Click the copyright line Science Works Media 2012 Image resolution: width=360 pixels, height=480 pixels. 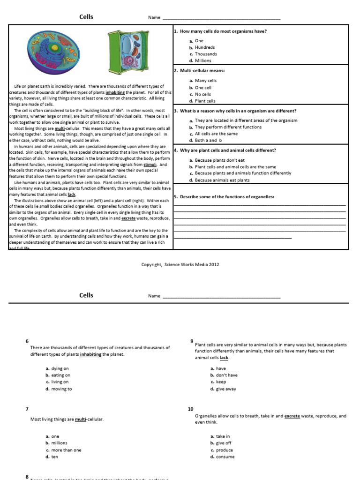click(x=180, y=264)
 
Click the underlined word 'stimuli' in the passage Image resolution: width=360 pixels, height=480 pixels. click(x=150, y=165)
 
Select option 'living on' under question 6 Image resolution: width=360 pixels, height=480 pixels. click(x=60, y=382)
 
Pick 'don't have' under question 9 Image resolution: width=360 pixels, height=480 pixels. click(x=226, y=375)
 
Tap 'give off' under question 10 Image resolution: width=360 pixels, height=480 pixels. click(x=224, y=443)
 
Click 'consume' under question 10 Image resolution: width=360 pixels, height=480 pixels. click(x=225, y=457)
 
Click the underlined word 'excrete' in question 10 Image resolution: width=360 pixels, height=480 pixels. click(x=292, y=416)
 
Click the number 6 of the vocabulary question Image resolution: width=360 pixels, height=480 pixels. click(x=27, y=341)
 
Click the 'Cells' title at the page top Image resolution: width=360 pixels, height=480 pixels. click(x=86, y=17)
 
